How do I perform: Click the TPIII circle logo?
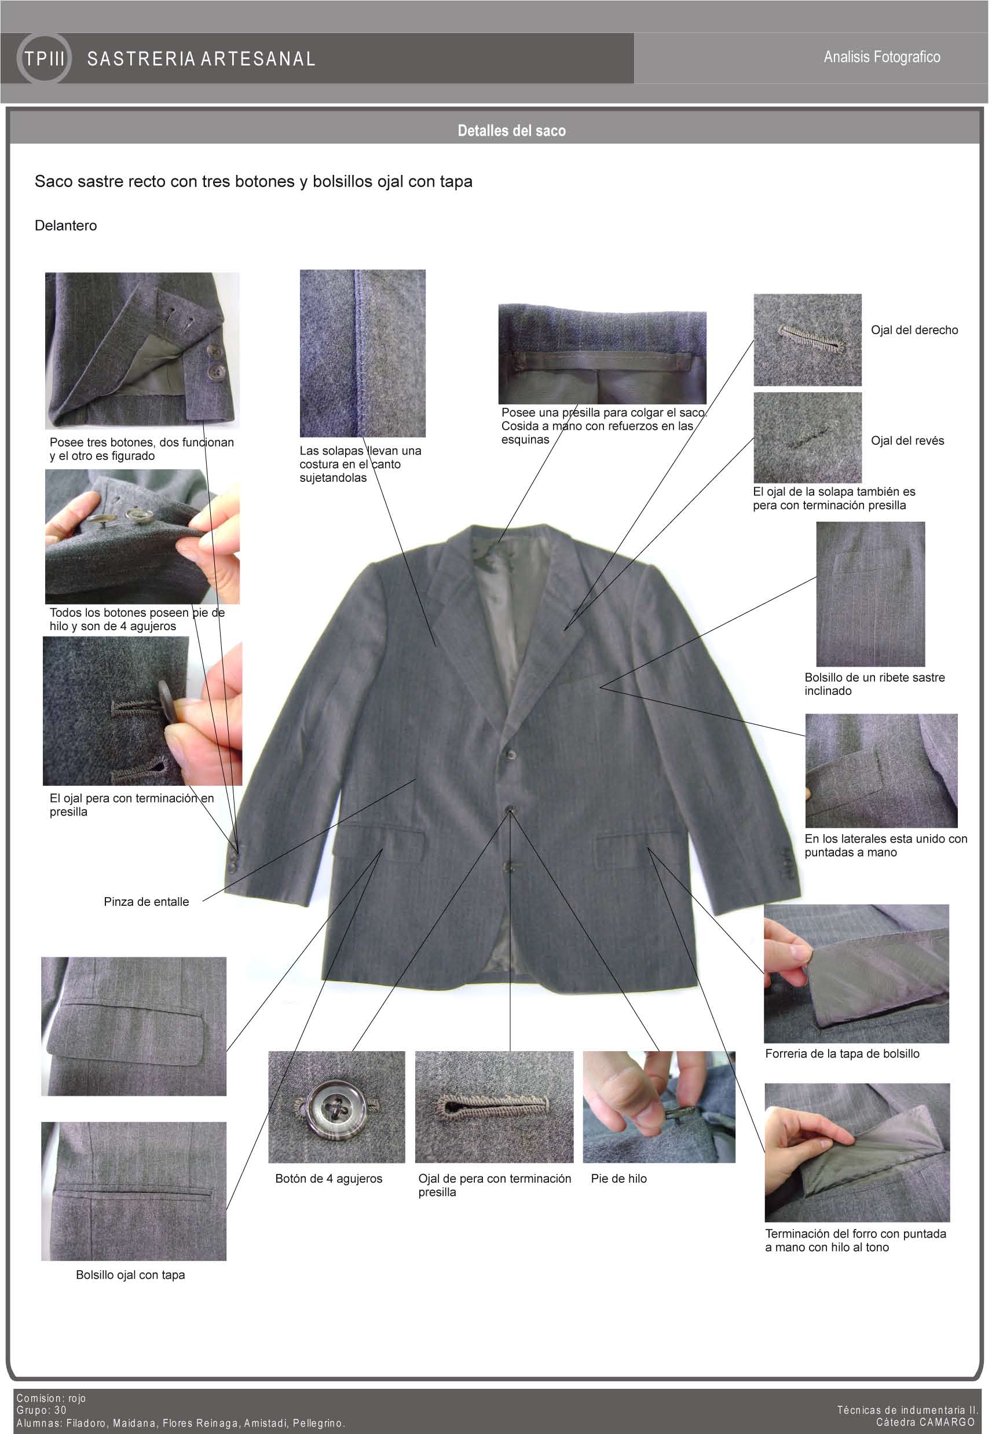[x=44, y=58]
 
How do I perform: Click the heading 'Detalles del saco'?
[x=511, y=130]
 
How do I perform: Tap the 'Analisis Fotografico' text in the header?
[x=881, y=57]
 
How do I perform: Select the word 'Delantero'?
[x=66, y=226]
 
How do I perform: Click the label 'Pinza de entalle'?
[x=146, y=901]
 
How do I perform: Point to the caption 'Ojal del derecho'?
[x=914, y=330]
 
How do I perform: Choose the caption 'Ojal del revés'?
[x=907, y=441]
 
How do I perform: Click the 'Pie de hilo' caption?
[x=618, y=1179]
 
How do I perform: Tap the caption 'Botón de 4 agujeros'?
[x=328, y=1179]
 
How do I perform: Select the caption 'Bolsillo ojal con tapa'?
[x=130, y=1275]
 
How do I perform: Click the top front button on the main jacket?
[x=511, y=755]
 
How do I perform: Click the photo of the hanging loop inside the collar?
[x=602, y=354]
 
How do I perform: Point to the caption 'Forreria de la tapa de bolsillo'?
[x=842, y=1053]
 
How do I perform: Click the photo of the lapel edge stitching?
[x=363, y=353]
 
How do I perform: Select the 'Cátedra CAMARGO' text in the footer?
[x=925, y=1422]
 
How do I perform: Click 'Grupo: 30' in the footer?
[x=41, y=1410]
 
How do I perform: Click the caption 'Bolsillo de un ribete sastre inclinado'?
[x=874, y=684]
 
